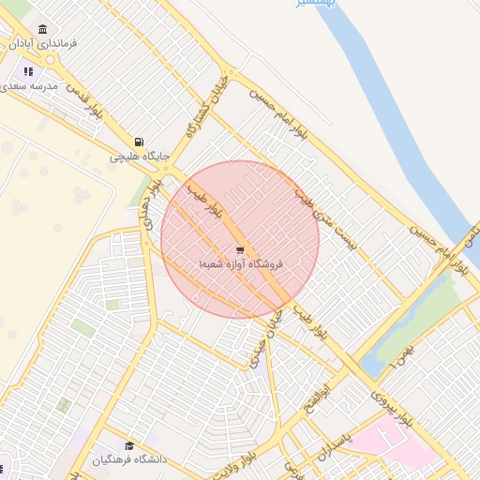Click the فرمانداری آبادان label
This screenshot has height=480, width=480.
click(x=44, y=44)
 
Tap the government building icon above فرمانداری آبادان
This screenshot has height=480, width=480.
click(x=44, y=29)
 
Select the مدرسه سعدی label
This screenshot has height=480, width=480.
click(x=30, y=85)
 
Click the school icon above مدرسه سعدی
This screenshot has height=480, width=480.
click(x=29, y=70)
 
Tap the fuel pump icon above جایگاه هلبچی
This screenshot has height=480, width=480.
click(x=140, y=141)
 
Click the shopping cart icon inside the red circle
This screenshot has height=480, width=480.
click(x=241, y=250)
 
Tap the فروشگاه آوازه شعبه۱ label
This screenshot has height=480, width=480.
click(x=241, y=265)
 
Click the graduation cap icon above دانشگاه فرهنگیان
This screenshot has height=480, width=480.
click(x=129, y=445)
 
